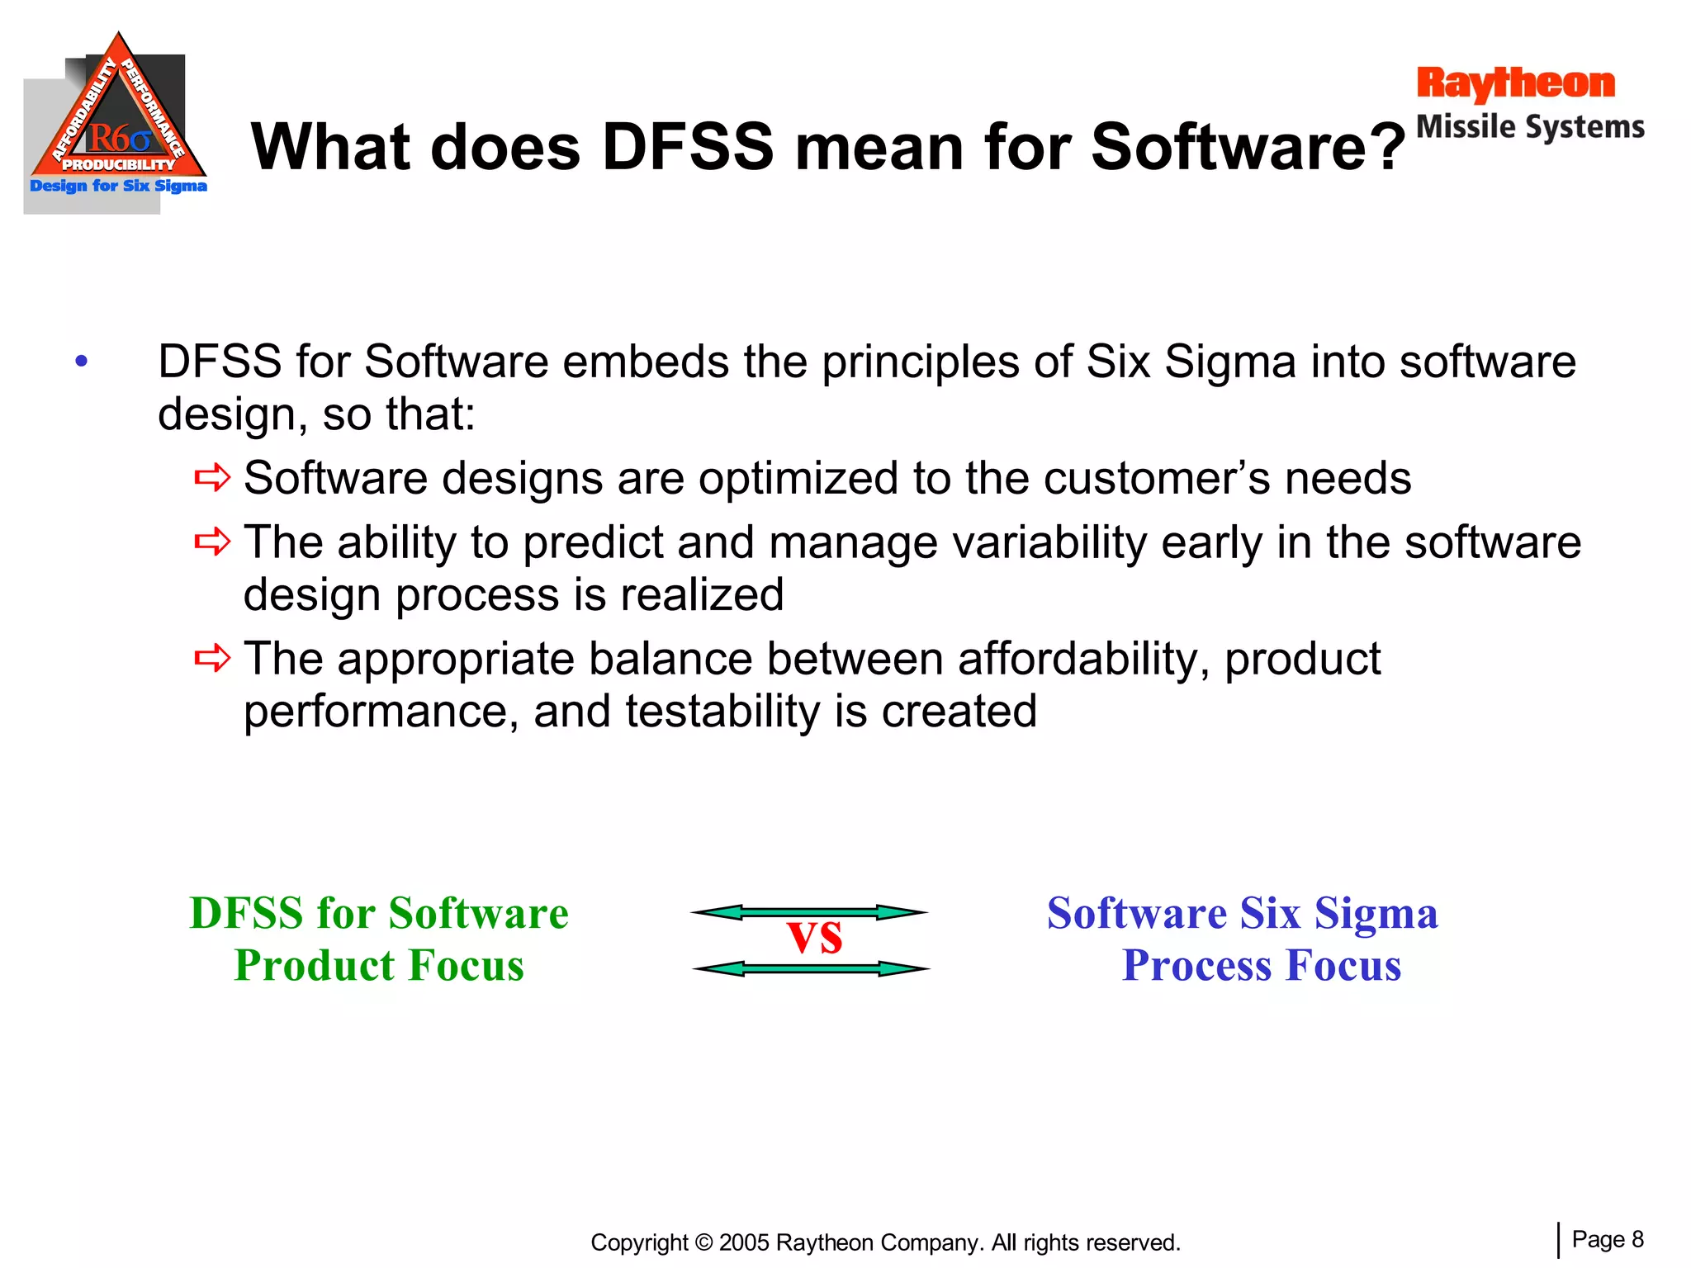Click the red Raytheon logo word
pos(1515,84)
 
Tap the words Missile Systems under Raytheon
pos(1530,127)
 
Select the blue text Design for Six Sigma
pos(118,186)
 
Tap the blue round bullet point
pos(81,362)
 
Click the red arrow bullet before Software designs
pos(212,477)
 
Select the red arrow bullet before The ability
pos(212,542)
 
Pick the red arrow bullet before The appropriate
pos(212,658)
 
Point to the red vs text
pos(815,938)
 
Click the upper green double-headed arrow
pos(809,912)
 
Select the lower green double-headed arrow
pos(811,968)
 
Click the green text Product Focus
pos(379,965)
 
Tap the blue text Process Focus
pos(1261,965)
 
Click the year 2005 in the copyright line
pos(744,1242)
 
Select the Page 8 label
pos(1607,1239)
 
